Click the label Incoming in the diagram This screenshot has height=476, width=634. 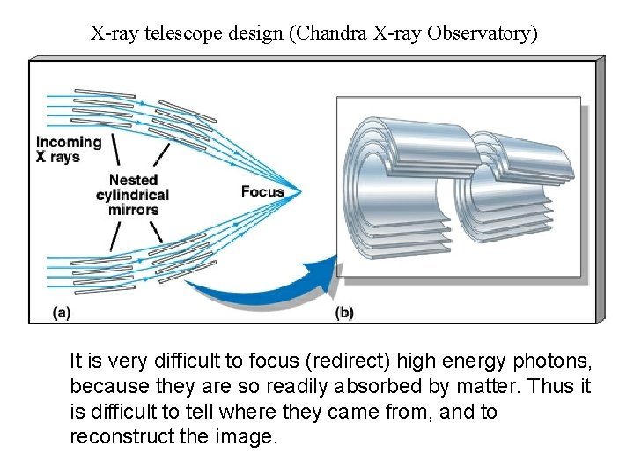click(x=69, y=142)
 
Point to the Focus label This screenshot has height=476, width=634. click(x=262, y=191)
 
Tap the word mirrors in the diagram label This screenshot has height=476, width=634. click(x=134, y=210)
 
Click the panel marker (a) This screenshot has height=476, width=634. click(x=62, y=311)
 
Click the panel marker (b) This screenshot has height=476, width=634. click(x=344, y=312)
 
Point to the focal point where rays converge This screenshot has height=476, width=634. click(x=301, y=191)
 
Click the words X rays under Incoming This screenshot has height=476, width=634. click(x=57, y=157)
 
